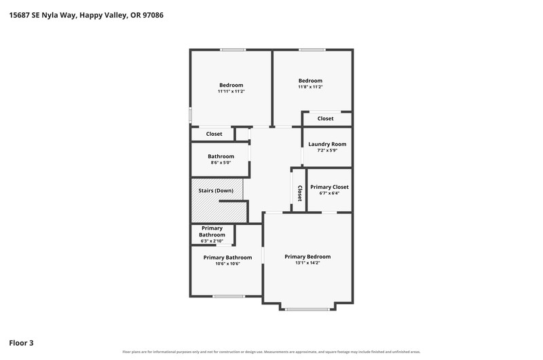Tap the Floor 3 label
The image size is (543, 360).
click(21, 343)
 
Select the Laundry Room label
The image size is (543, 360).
click(327, 144)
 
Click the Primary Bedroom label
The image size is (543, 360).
click(307, 257)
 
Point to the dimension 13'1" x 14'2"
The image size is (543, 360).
click(307, 263)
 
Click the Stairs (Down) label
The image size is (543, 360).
click(216, 191)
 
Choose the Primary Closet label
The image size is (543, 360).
click(329, 187)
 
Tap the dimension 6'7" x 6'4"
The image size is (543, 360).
click(329, 194)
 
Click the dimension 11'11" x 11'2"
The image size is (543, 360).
click(231, 92)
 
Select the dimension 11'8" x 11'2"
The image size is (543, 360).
click(310, 87)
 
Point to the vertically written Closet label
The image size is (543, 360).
click(300, 194)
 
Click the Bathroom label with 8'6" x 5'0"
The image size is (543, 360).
click(221, 157)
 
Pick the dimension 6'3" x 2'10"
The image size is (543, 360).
click(212, 241)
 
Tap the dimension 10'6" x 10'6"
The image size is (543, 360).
click(227, 264)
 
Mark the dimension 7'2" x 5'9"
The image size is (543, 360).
click(327, 150)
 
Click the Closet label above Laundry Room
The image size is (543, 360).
click(326, 118)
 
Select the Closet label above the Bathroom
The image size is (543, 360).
click(214, 134)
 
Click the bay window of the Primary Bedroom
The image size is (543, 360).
click(308, 309)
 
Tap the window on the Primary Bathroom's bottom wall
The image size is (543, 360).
click(229, 296)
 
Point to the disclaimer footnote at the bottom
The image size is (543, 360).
click(271, 352)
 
